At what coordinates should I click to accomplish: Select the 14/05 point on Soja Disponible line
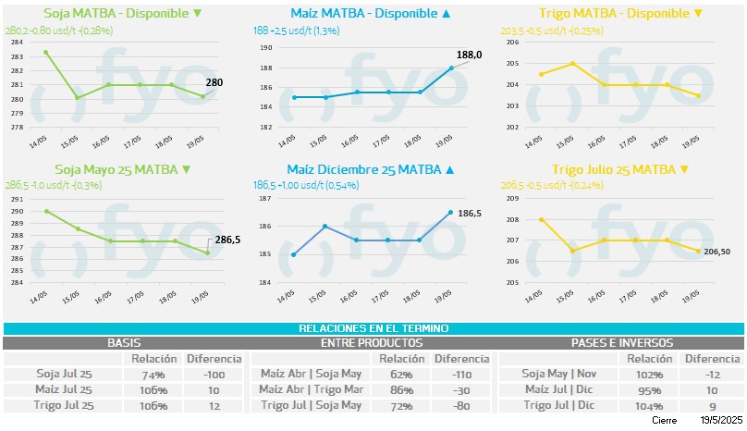(46, 52)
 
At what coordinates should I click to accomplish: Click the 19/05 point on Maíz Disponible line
(451, 68)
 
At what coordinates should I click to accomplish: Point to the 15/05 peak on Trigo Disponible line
(573, 63)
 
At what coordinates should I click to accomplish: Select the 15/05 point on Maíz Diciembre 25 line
(325, 226)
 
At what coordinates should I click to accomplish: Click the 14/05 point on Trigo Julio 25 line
(541, 219)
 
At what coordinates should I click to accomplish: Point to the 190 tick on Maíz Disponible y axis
(266, 47)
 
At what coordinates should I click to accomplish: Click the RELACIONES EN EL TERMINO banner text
(373, 329)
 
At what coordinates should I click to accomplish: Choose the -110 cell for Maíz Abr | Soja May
(461, 375)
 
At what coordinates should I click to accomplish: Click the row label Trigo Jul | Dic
(557, 405)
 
